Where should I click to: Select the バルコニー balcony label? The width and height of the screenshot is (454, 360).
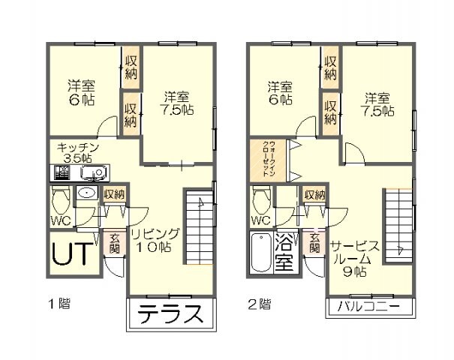369,307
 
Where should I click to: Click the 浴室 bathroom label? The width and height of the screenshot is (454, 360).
284,253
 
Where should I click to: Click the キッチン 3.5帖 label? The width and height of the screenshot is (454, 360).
78,152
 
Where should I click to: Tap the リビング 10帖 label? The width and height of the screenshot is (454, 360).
156,240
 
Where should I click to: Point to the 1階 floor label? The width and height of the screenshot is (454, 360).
59,304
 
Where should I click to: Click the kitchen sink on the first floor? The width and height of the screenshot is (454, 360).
95,174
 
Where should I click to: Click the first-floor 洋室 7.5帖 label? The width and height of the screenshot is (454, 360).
178,103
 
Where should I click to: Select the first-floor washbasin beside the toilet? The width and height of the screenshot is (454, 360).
87,193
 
